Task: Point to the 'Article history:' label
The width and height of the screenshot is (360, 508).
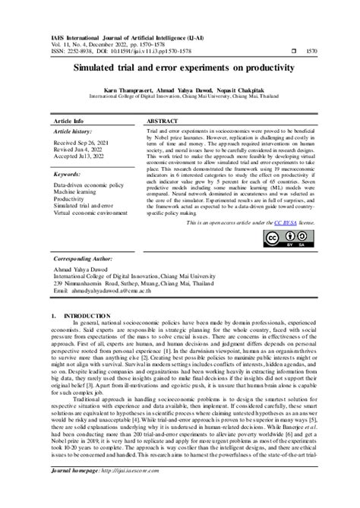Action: tap(71, 132)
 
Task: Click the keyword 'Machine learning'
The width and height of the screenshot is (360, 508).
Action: tap(74, 192)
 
